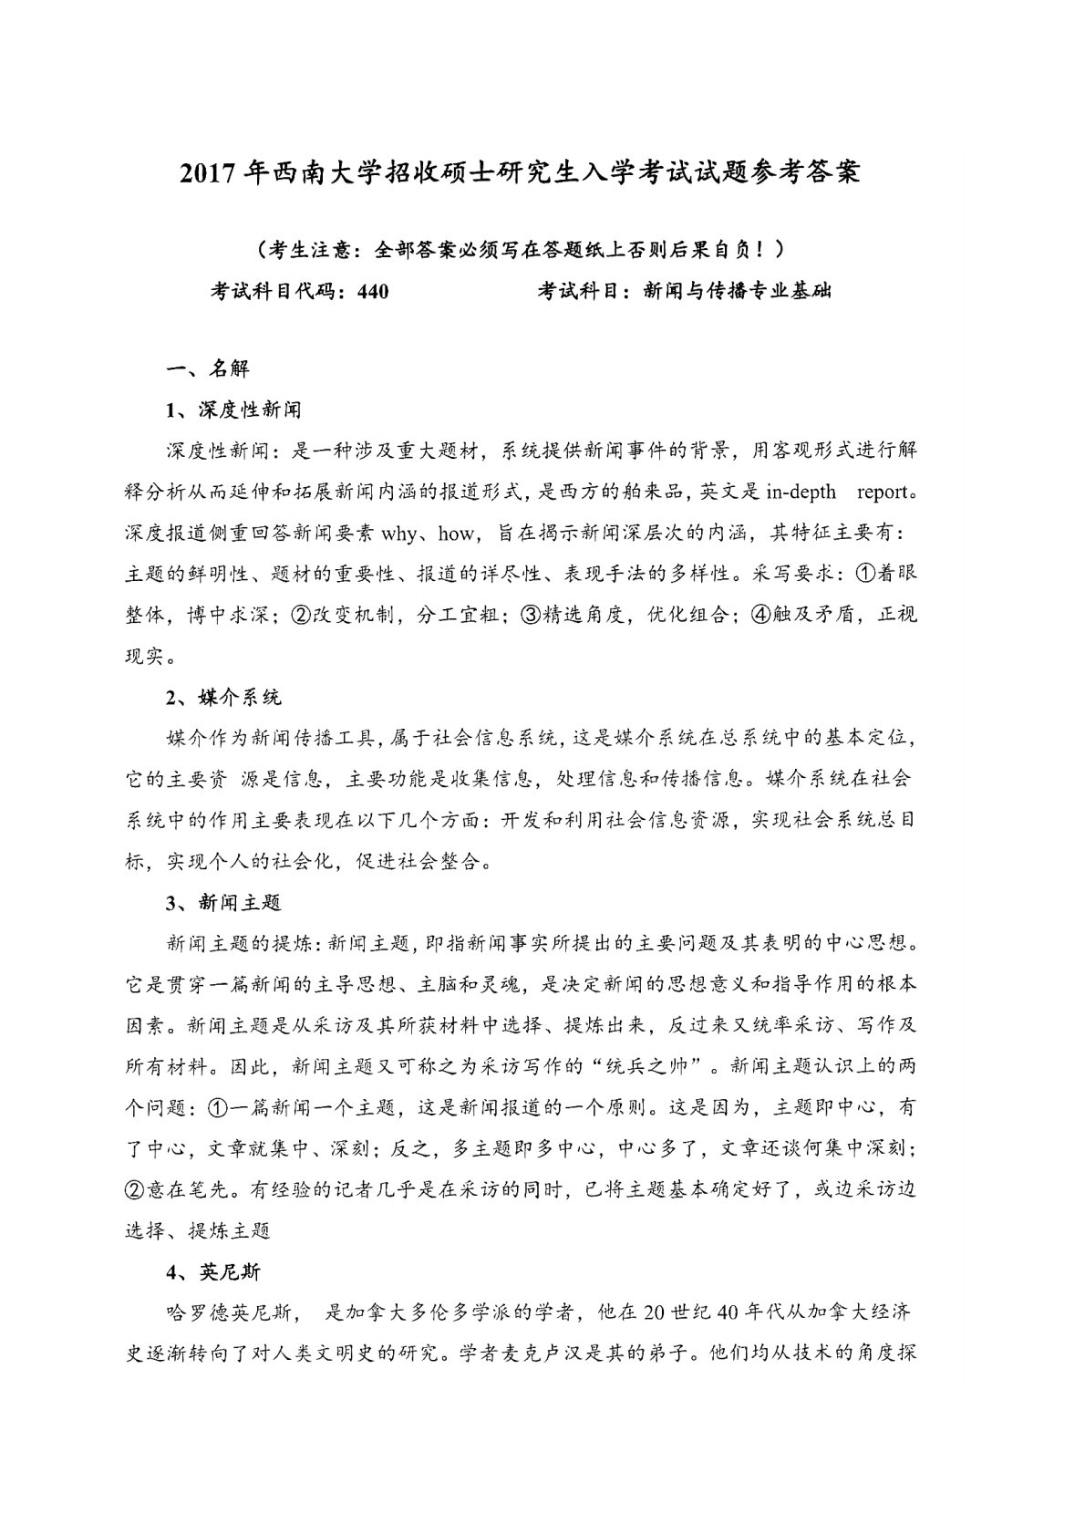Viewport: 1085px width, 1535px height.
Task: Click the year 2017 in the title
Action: click(212, 174)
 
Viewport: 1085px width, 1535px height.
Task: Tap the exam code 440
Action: click(374, 292)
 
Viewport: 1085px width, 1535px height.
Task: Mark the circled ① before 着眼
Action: click(863, 575)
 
